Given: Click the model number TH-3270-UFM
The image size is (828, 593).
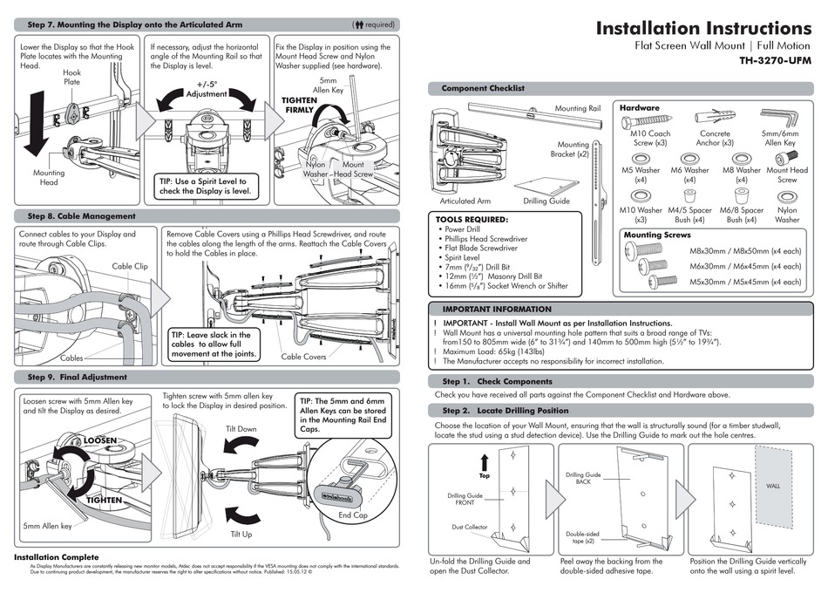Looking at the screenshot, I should pos(775,62).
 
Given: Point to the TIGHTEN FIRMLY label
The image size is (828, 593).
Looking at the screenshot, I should pos(299,106).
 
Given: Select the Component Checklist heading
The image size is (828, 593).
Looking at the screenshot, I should pos(483,88).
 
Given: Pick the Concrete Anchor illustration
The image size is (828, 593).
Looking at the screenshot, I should pos(715,119).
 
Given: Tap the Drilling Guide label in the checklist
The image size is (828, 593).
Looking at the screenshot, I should pos(547,201).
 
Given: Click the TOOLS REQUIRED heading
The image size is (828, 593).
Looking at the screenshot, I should pos(472,220).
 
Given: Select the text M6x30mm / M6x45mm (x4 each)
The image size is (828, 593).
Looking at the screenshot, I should pos(739,266).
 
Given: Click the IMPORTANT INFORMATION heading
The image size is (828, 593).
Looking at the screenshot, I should pos(497,309).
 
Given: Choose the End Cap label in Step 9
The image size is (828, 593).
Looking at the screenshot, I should pos(353,515).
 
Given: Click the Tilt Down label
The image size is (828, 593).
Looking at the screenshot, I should pos(241,429).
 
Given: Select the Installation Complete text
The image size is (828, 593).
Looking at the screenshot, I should pos(56,556).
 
